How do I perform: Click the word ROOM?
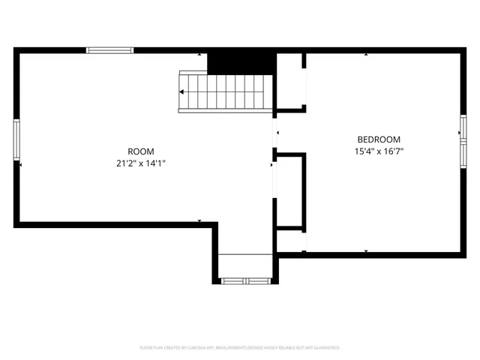141,151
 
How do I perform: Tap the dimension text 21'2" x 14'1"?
141,163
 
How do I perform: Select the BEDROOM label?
379,139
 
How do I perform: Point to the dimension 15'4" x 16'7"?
379,151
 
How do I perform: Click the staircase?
223,91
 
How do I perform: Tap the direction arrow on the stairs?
182,91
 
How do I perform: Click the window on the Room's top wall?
109,50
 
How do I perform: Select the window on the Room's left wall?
16,140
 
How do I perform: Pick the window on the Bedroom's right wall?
463,141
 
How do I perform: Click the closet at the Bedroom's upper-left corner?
290,82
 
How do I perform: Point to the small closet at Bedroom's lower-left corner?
290,241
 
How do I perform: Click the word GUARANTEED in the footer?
325,348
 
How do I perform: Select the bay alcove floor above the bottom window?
245,265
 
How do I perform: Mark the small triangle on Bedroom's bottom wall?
366,250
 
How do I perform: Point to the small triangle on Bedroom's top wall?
366,54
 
